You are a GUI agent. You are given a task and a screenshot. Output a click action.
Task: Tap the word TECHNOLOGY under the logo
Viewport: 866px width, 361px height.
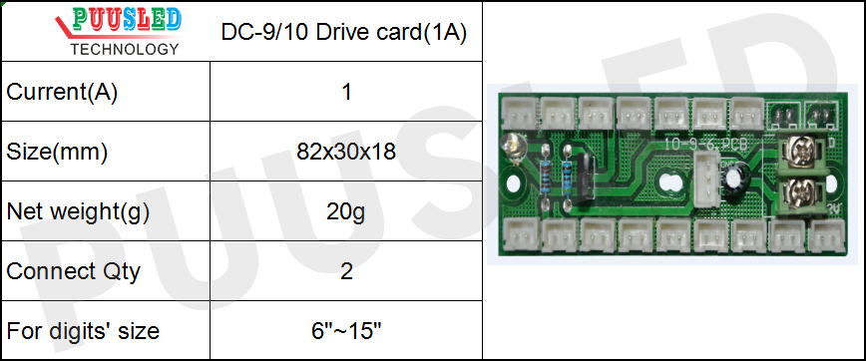pyautogui.click(x=126, y=48)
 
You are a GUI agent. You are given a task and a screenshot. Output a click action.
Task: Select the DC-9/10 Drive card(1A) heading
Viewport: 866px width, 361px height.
pyautogui.click(x=345, y=32)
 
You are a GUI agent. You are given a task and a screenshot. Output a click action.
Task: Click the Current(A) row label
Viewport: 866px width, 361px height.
pyautogui.click(x=62, y=93)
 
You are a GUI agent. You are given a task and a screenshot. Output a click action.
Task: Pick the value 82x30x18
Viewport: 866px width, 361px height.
pyautogui.click(x=346, y=153)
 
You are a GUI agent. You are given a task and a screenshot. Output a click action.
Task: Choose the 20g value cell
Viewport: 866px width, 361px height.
pyautogui.click(x=346, y=211)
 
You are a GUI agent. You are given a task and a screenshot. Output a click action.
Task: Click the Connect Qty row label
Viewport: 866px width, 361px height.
pyautogui.click(x=73, y=270)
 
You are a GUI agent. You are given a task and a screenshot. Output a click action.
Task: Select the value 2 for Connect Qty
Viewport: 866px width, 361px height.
pyautogui.click(x=346, y=270)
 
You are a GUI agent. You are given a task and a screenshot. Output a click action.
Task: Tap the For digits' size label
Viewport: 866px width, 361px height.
pyautogui.click(x=83, y=330)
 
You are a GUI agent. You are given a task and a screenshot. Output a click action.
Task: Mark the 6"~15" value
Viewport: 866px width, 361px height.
pyautogui.click(x=346, y=330)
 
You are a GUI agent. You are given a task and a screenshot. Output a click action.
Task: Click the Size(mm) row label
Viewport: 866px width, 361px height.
pyautogui.click(x=57, y=153)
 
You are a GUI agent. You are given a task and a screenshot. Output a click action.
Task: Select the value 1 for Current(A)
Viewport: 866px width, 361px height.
pyautogui.click(x=346, y=93)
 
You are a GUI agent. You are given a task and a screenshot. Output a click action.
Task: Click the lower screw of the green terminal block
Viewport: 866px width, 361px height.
pyautogui.click(x=798, y=189)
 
